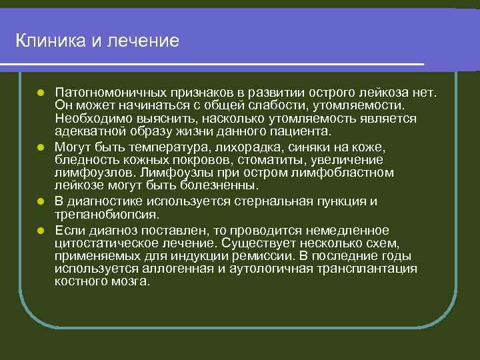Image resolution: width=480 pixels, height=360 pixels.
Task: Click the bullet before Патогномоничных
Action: click(41, 90)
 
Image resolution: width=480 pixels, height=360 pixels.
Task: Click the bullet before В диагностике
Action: click(41, 201)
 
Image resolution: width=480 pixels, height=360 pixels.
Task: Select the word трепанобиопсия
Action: click(107, 215)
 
